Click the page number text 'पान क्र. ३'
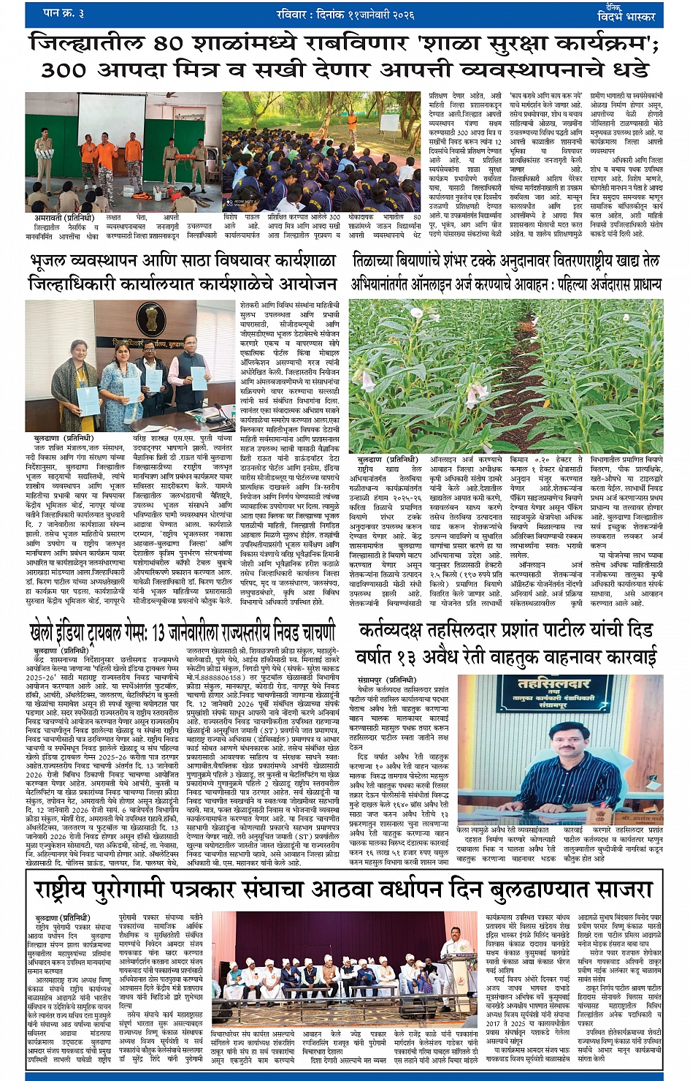(64, 12)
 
